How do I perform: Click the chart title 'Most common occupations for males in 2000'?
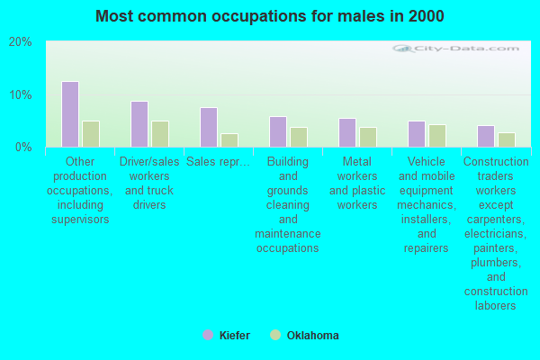pos(270,16)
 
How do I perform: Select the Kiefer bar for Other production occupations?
pos(70,114)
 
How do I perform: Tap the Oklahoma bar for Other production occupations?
pos(91,134)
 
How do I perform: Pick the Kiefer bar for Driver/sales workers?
pos(139,124)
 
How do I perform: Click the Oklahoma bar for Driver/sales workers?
pos(160,134)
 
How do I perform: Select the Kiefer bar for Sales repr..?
pos(209,127)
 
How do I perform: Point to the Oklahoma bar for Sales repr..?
pos(229,140)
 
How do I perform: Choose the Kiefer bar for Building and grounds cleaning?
pos(278,131)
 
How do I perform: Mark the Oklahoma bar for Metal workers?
pos(368,137)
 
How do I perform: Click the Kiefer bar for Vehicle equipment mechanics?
pos(417,134)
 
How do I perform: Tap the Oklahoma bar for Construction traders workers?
pos(507,139)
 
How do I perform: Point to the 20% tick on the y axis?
pos(21,42)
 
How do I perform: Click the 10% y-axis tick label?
pos(21,94)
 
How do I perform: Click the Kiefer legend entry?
pos(227,336)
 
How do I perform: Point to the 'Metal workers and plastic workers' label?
pos(357,184)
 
